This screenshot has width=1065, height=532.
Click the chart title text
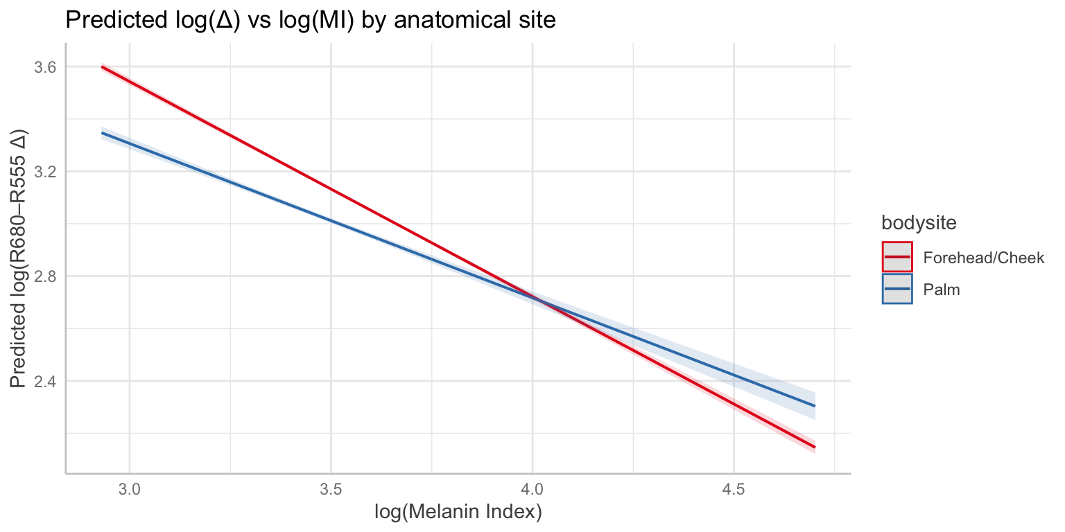click(x=310, y=21)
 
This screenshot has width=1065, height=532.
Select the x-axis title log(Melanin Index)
click(x=458, y=513)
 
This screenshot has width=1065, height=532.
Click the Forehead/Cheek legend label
click(x=983, y=257)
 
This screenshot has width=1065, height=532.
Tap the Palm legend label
click(x=941, y=290)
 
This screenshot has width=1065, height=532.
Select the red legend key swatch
click(x=897, y=257)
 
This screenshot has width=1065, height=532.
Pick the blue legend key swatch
click(x=897, y=290)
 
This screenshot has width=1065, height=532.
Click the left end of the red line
click(x=102, y=66)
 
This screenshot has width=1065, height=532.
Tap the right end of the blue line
click(x=815, y=406)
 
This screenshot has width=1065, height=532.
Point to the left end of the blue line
click(x=102, y=133)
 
